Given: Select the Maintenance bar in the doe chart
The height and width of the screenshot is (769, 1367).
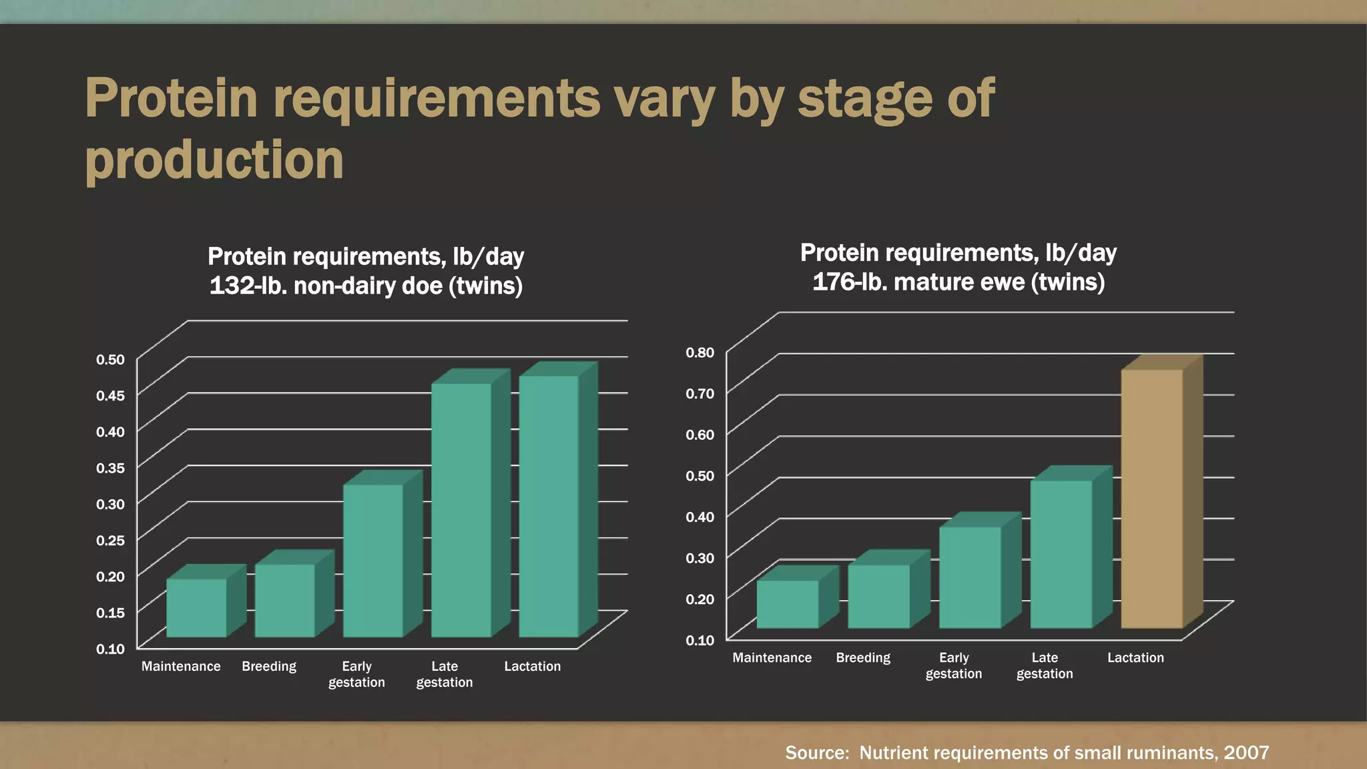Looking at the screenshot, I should click(x=196, y=607).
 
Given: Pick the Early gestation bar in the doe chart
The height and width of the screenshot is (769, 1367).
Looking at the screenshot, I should click(x=373, y=560).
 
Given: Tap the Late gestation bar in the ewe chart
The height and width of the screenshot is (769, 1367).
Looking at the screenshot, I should click(x=1061, y=553).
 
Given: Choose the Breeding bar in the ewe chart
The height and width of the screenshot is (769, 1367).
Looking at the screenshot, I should click(x=878, y=596).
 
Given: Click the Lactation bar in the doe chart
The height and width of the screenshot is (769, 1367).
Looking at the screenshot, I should click(x=549, y=506).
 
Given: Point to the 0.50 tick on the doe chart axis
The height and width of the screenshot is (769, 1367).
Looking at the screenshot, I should click(x=111, y=360).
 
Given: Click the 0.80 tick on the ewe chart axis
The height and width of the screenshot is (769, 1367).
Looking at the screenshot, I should click(x=700, y=352).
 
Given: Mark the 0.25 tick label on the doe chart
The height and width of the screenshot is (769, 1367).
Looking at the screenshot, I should click(x=111, y=541).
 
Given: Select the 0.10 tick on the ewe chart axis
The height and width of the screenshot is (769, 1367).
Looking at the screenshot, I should click(x=700, y=640).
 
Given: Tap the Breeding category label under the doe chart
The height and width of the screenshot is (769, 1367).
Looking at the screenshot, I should click(x=269, y=666).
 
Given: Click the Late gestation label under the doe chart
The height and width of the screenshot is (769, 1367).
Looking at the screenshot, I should click(x=445, y=674).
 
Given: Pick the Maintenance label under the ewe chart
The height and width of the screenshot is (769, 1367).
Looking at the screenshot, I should click(x=772, y=658).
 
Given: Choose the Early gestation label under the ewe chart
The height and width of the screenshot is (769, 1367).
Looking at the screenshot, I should click(x=954, y=666).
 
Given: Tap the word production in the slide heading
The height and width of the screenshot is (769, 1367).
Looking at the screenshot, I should click(x=214, y=160).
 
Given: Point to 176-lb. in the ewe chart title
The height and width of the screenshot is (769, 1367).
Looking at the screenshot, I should click(x=849, y=282).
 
